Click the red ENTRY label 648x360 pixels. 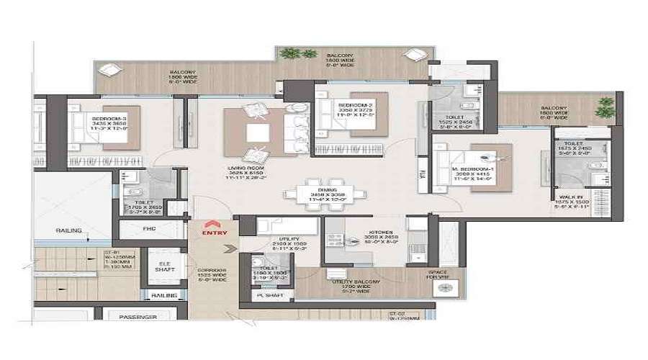pos(215,233)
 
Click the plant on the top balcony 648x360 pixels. pos(289,53)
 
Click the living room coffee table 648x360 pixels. pos(256,134)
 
